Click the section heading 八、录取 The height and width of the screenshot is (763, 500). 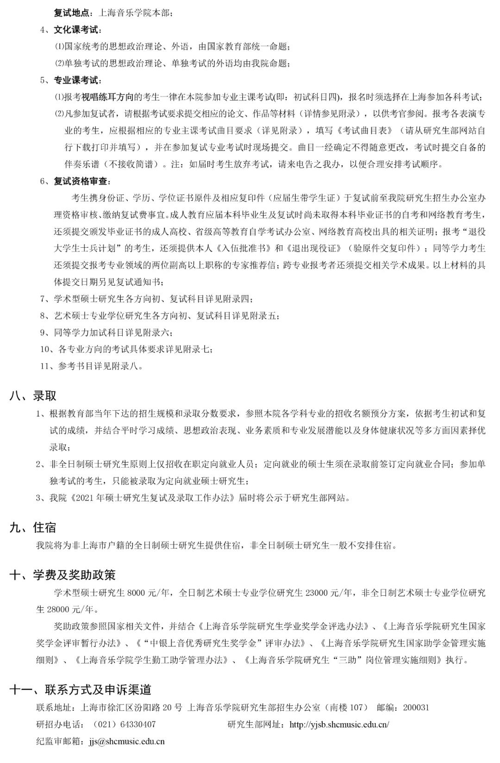point(33,396)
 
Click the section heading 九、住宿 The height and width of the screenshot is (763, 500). point(33,527)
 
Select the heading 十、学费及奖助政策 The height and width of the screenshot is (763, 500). point(62,575)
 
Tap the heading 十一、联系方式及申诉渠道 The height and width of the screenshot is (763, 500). point(81,690)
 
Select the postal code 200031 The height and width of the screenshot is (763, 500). point(416,708)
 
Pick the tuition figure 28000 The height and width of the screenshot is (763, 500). point(58,609)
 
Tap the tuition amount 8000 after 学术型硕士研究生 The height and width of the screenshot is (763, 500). point(135,593)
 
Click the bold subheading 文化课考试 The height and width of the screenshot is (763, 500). point(76,30)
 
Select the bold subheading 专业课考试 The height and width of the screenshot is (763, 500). point(76,81)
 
